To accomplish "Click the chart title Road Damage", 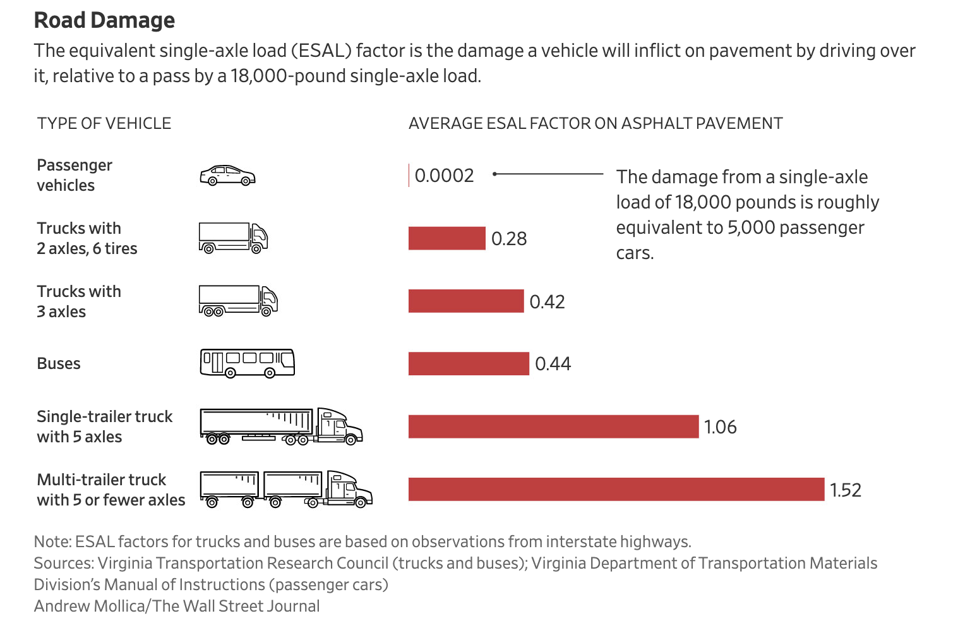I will point(104,20).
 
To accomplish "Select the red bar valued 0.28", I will point(446,238).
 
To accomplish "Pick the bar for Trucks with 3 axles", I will point(465,301).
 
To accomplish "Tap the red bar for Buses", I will point(468,363).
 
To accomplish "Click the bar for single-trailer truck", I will point(553,426).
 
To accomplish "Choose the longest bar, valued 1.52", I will point(616,489).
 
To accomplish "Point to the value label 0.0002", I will point(444,176).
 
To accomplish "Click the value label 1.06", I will point(720,427).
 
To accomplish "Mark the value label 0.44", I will point(553,364).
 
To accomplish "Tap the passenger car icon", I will point(227,176).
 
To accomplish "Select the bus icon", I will point(247,363).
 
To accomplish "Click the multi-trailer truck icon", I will point(285,489).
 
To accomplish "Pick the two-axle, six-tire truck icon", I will point(233,238).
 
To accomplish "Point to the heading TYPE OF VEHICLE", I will point(104,123).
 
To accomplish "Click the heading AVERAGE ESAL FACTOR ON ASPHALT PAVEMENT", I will point(595,123).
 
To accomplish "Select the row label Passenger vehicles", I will point(74,175).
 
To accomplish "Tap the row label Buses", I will point(59,364).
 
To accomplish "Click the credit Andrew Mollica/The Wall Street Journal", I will point(177,606).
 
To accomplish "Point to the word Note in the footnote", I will point(52,541).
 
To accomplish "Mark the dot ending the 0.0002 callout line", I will point(495,174).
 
